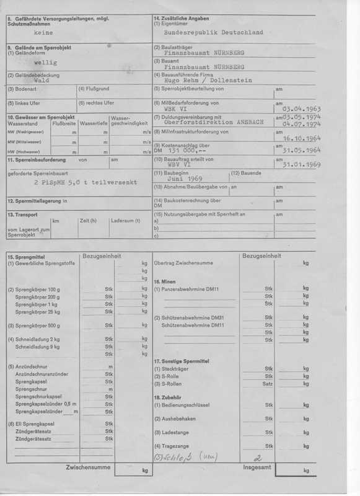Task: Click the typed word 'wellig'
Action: click(x=45, y=63)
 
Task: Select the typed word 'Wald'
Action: click(x=42, y=81)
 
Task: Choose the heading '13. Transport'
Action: click(x=23, y=215)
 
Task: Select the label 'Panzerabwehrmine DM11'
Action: click(x=187, y=289)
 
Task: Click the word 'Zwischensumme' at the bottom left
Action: click(x=92, y=466)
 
